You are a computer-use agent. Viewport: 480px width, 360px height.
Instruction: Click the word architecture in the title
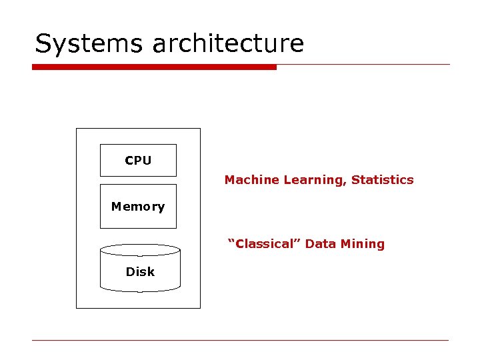[228, 44]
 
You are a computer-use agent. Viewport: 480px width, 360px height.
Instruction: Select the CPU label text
[138, 161]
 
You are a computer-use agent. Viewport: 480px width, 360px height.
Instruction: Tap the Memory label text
[138, 207]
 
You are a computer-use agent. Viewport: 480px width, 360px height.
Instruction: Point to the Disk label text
[140, 272]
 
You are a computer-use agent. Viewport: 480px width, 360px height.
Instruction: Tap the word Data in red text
[321, 244]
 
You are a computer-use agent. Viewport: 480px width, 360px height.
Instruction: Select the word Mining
[363, 244]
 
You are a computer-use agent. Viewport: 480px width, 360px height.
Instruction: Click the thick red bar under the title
[154, 67]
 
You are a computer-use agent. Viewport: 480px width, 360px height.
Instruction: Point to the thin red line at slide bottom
[240, 341]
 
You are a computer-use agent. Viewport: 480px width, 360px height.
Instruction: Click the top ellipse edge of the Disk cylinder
[140, 245]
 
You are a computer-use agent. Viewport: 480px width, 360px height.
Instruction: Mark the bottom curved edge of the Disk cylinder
[140, 291]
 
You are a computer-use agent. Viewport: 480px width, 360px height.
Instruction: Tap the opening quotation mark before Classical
[231, 241]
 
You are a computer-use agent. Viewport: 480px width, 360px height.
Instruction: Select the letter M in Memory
[116, 207]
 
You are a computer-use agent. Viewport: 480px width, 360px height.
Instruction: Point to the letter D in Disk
[130, 272]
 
